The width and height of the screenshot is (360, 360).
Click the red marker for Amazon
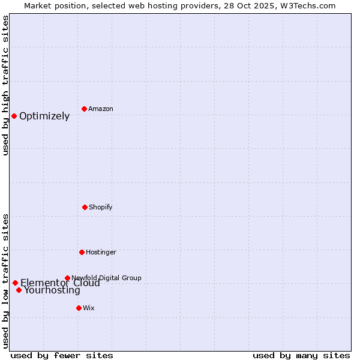pos(85,109)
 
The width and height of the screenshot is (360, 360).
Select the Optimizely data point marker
pos(14,116)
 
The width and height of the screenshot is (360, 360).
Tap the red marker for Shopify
pos(85,207)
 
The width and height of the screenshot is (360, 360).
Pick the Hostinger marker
pos(82,252)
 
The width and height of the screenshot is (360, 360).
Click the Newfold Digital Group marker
pos(67,278)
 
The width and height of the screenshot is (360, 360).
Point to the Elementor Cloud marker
pos(15,283)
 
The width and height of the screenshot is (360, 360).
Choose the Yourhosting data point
pos(19,290)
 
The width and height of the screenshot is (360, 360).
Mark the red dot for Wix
pos(79,308)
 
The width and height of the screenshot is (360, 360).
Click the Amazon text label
pos(101,109)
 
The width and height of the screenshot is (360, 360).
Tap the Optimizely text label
pos(44,116)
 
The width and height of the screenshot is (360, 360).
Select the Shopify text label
pos(101,207)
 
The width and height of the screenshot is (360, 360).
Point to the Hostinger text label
pos(101,252)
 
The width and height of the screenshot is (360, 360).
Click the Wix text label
pos(89,308)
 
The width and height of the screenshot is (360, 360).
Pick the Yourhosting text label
pos(52,290)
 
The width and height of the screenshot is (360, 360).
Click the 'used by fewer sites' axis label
pos(62,355)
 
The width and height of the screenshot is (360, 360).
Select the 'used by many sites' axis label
pos(301,355)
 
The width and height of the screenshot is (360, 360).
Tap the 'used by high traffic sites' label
pos(5,85)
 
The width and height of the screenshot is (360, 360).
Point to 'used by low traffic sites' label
pos(5,281)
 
